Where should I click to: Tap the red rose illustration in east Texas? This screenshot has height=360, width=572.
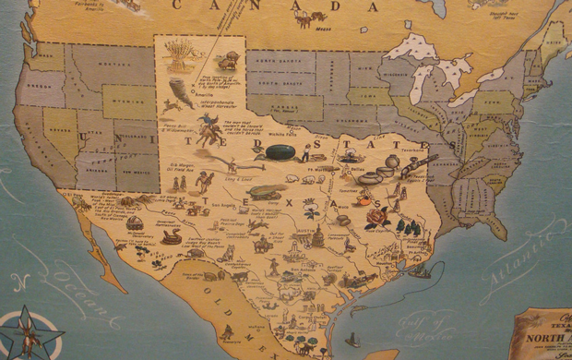point(377,218)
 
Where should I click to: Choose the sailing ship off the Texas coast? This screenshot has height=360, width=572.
point(420,269)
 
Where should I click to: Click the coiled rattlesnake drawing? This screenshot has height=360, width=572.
point(171,237)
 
